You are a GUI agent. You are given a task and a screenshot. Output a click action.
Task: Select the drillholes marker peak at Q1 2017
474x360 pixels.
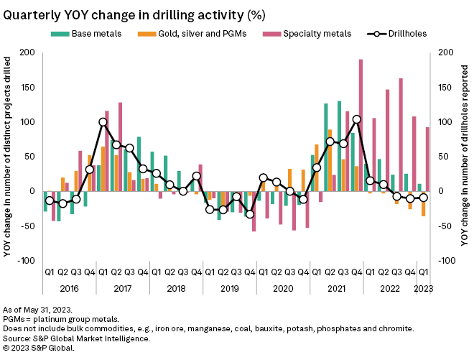[103, 122]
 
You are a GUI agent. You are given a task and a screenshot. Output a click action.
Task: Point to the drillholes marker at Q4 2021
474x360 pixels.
[357, 119]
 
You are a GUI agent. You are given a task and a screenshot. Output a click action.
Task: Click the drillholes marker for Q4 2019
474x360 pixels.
[250, 214]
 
